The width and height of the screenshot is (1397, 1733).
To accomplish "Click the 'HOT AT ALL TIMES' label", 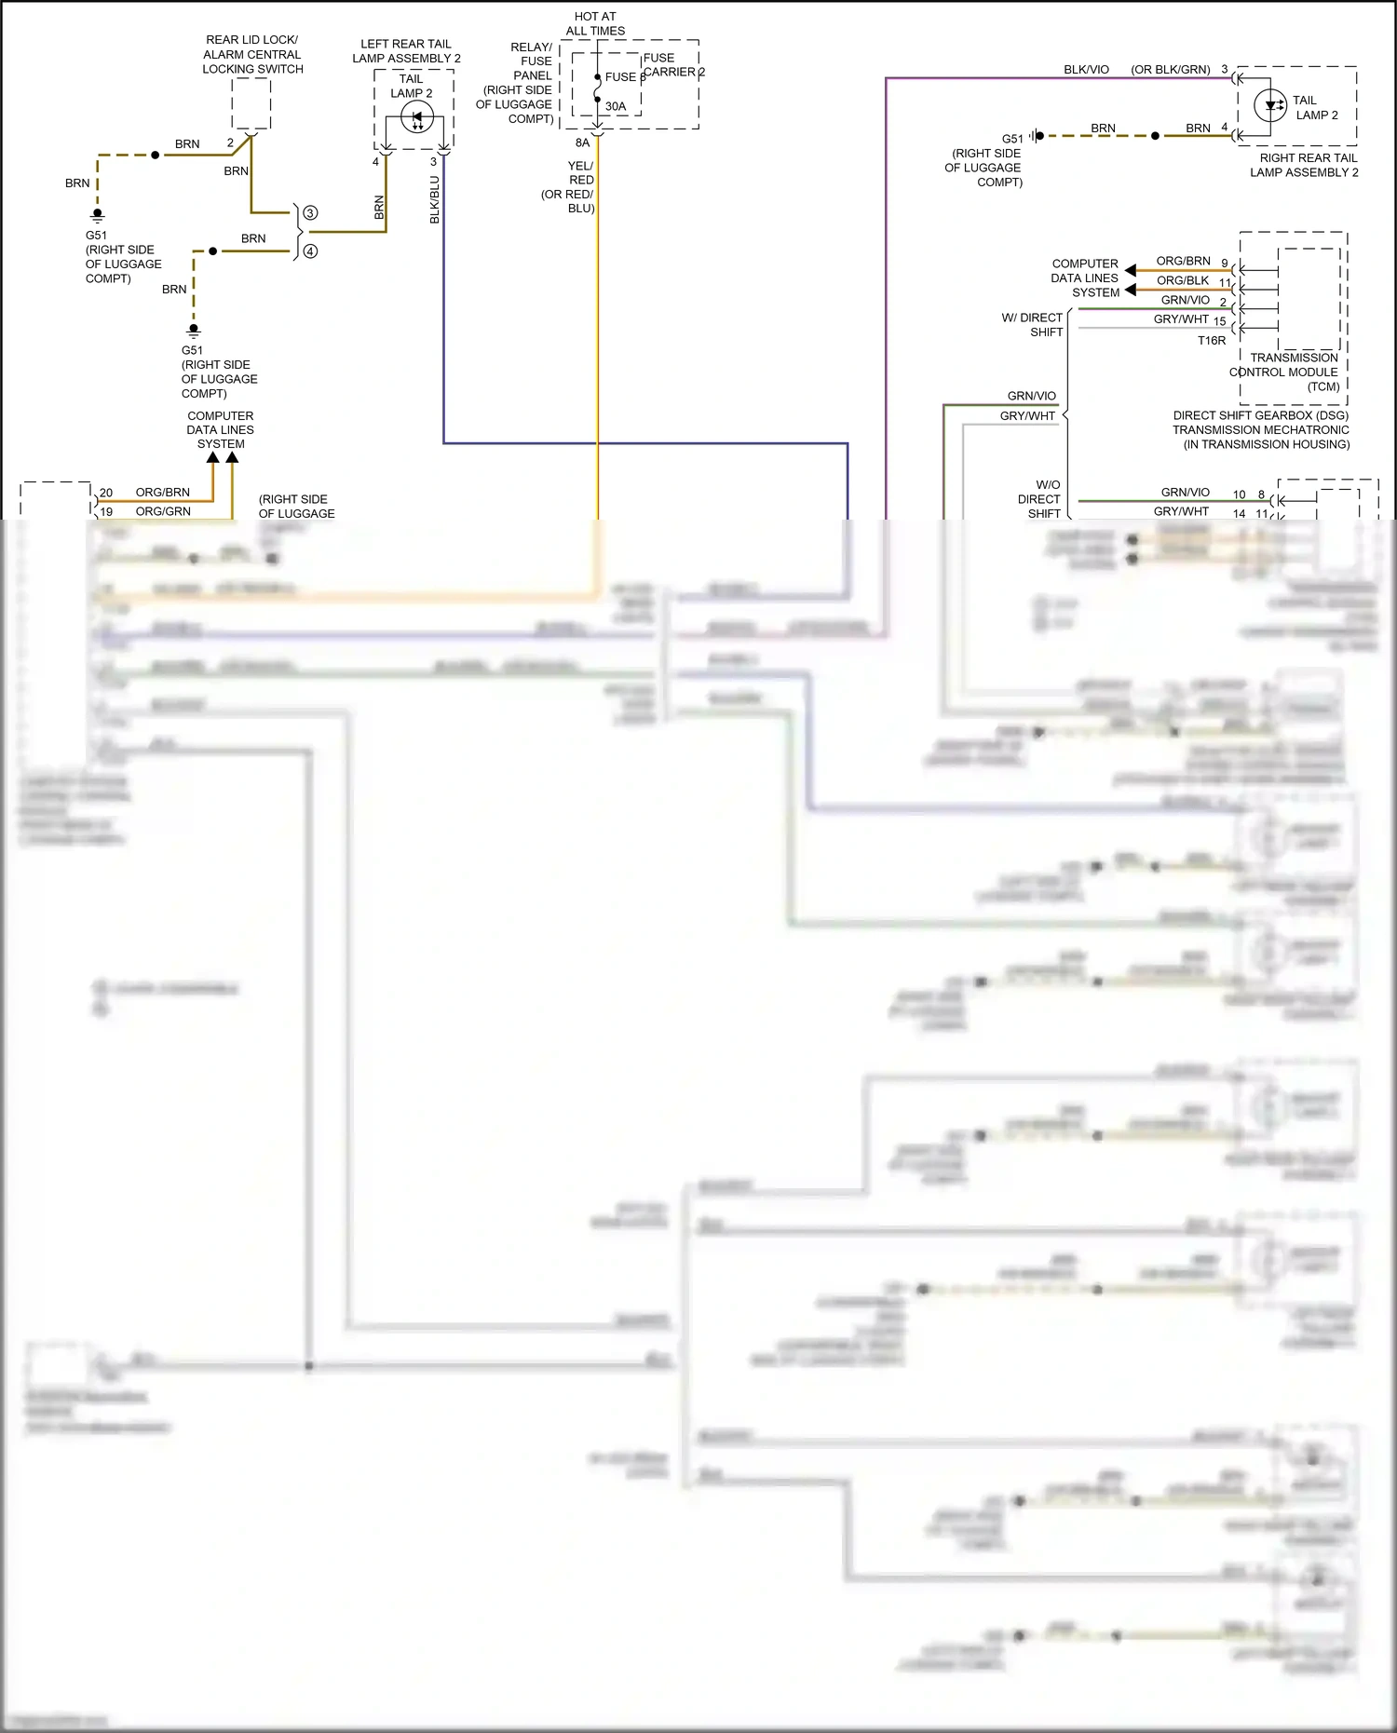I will click(x=595, y=23).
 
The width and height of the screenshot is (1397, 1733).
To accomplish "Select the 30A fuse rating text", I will click(x=616, y=106).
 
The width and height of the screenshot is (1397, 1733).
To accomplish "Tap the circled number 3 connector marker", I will click(x=310, y=213).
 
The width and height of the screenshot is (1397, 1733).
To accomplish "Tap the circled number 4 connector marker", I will click(x=310, y=251).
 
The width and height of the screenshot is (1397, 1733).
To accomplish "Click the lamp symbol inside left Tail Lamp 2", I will click(x=416, y=118).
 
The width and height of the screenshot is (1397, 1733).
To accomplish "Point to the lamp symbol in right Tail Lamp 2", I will click(x=1269, y=105).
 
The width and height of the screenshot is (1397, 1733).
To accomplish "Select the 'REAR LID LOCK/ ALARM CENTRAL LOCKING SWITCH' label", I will click(x=252, y=54).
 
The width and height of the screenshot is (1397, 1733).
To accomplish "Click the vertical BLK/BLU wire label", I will click(x=435, y=199).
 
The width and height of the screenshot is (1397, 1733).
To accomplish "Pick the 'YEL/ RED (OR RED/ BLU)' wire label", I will click(x=570, y=186).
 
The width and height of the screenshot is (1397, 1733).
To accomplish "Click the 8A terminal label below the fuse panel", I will click(x=582, y=142).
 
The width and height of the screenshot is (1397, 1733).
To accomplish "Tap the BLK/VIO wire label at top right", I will click(x=1086, y=70).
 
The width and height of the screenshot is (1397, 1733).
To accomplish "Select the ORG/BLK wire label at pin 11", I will click(x=1183, y=280).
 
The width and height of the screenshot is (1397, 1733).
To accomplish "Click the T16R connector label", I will click(x=1211, y=341).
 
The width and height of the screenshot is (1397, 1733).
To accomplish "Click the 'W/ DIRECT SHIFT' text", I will click(x=1034, y=325).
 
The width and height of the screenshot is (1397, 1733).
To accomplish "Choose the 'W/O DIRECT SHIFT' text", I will click(x=1041, y=499).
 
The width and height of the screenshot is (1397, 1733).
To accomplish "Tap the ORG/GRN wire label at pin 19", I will click(x=163, y=511).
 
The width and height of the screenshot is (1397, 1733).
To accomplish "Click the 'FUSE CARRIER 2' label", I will click(x=672, y=64).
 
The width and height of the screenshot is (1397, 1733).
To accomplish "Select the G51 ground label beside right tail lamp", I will click(x=1011, y=139).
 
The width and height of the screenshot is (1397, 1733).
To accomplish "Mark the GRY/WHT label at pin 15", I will click(x=1181, y=319).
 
